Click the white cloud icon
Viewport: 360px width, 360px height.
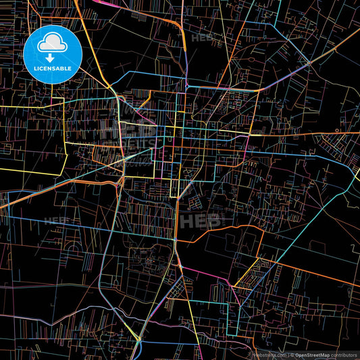click(51, 43)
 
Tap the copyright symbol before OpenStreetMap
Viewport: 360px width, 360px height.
click(292, 355)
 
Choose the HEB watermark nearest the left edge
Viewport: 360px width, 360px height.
click(55, 221)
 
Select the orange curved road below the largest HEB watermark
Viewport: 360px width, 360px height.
click(223, 232)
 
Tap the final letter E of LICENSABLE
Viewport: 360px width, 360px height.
click(70, 68)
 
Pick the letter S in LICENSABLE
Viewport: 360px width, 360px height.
click(53, 68)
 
